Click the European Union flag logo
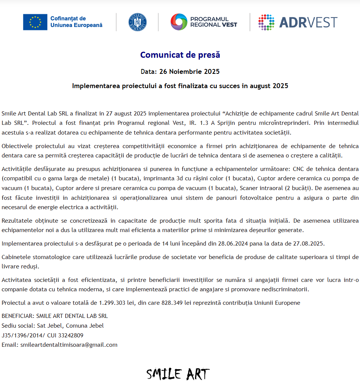coord(35,22)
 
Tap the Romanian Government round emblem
coord(137,22)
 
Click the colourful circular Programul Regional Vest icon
coord(178,22)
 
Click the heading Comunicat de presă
coord(180,55)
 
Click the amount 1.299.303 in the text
coord(113,303)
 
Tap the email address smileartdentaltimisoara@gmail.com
coord(69,345)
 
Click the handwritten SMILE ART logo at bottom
coord(178,374)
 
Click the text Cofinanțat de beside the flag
coord(68,18)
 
